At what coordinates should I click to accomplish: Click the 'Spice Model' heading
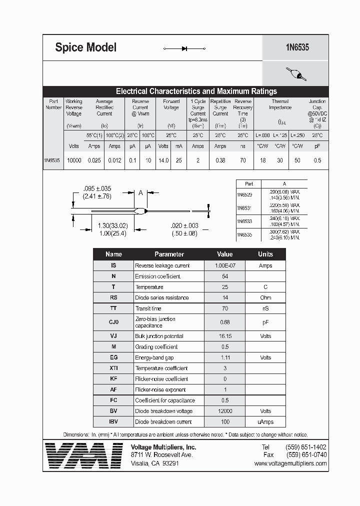pos(85,47)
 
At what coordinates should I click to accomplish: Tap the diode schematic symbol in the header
pos(184,48)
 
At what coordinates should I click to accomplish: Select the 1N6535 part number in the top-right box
pos(297,47)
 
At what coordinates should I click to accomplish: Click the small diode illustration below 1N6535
pos(295,73)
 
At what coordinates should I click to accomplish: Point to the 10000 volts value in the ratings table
pos(74,160)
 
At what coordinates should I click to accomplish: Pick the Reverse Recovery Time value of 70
pos(242,160)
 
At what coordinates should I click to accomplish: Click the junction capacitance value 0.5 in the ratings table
pos(317,160)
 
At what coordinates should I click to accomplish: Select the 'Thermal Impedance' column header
pos(280,104)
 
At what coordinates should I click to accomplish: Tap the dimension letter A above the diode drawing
pos(140,192)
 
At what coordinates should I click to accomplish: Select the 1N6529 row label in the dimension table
pos(244,194)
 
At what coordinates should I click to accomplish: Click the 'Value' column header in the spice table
pos(224,254)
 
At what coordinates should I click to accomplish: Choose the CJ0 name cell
pos(113,322)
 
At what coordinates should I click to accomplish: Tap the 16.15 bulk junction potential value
pos(224,336)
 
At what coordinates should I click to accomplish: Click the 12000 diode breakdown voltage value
pos(224,411)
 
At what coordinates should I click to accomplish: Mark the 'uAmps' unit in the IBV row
pos(265,422)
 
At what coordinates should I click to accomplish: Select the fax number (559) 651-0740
pos(306,455)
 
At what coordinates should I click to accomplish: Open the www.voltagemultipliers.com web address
pos(290,463)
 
